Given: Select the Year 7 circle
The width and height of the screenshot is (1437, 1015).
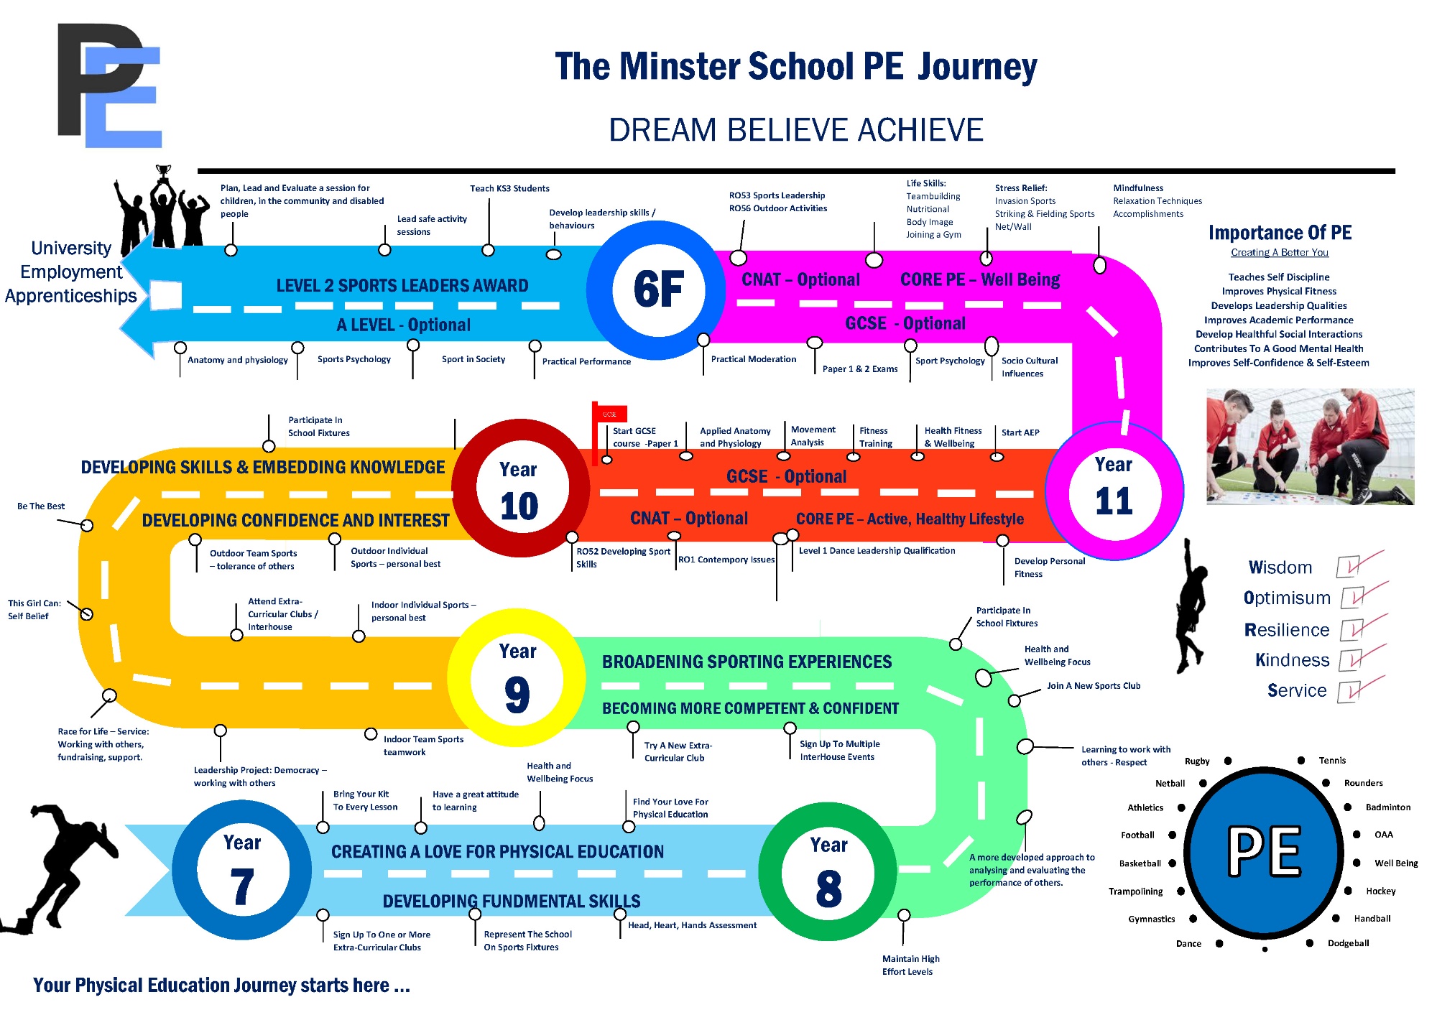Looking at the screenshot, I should [x=242, y=870].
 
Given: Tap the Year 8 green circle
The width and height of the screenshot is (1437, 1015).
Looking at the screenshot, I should [x=828, y=872].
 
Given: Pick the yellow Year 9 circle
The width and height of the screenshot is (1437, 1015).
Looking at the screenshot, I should [x=517, y=678].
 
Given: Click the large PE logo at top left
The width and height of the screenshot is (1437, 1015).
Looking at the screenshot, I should [x=109, y=85].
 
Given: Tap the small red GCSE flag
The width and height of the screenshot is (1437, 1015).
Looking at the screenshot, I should [x=610, y=414].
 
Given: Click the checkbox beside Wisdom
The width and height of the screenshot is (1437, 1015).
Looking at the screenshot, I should [x=1348, y=567].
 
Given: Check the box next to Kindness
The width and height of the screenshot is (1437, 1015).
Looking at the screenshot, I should [x=1349, y=659].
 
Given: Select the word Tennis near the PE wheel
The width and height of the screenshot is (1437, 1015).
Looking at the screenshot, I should [x=1332, y=761].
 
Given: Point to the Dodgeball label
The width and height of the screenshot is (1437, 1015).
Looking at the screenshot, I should [x=1348, y=943].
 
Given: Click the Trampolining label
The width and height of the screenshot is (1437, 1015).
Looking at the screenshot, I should [x=1135, y=891].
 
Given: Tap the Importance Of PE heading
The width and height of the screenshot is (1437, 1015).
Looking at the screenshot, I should [x=1280, y=233].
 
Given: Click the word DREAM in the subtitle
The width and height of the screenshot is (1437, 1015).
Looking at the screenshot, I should [x=662, y=130].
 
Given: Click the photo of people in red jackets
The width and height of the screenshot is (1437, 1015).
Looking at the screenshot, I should [x=1310, y=446].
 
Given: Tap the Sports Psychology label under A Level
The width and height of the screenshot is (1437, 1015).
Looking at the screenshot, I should [x=354, y=359].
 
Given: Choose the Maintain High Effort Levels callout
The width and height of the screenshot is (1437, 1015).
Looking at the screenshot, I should [x=910, y=965].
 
